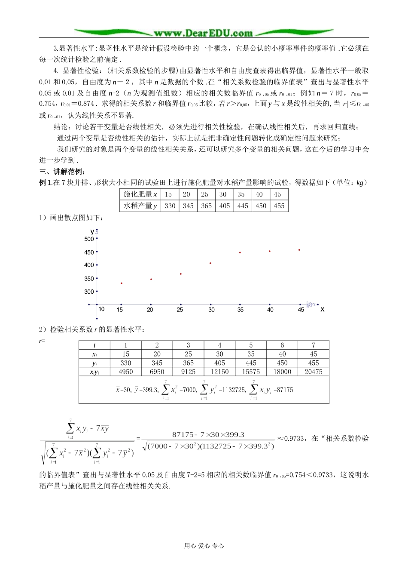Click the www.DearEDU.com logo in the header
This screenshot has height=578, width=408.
pos(203,33)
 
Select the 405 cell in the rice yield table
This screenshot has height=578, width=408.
pos(225,206)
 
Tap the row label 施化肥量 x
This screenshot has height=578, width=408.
pos(140,194)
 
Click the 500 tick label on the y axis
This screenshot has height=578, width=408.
pos(89,239)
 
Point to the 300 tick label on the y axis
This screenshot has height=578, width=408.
pos(89,292)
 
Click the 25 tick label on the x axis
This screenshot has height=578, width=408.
pos(180,310)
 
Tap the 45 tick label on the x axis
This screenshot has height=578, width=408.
pos(301,310)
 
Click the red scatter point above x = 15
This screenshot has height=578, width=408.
pos(122,283)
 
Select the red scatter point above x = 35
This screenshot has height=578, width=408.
pos(240,252)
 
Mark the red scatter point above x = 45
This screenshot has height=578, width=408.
pos(299,250)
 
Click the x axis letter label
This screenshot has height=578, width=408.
pos(323,309)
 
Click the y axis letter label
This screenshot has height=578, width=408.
pos(92,231)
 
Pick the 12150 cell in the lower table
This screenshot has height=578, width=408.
pos(219,372)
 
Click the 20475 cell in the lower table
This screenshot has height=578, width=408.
pos(313,372)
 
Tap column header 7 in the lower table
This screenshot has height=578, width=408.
pos(313,345)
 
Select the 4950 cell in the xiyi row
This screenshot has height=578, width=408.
pos(126,372)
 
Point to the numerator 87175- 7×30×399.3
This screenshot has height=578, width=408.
pos(208,434)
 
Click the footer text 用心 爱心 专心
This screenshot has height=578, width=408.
pos(204,546)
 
